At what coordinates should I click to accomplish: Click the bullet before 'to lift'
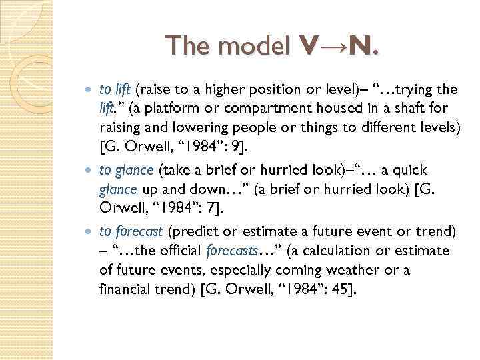pyautogui.click(x=91, y=89)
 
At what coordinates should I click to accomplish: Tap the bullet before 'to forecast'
pyautogui.click(x=91, y=232)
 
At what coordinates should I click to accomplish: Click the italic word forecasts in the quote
pyautogui.click(x=229, y=251)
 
